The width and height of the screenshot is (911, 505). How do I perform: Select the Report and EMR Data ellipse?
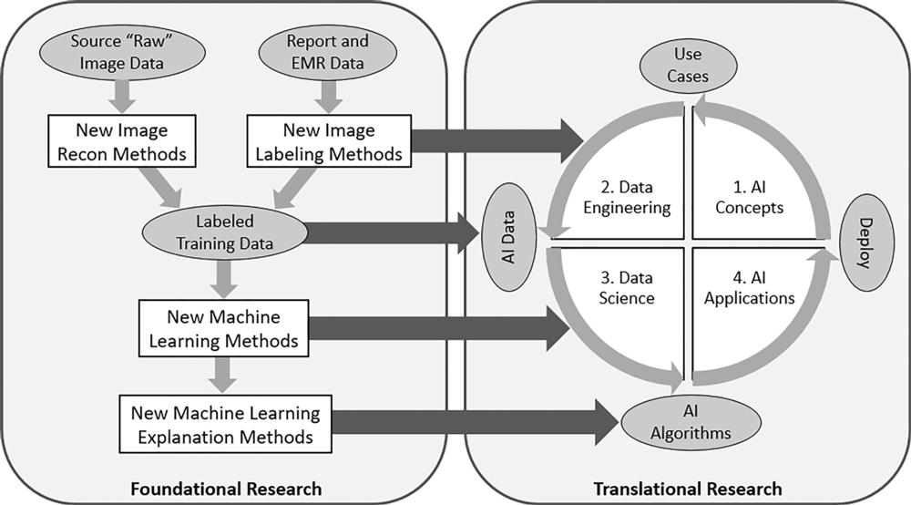coord(327,52)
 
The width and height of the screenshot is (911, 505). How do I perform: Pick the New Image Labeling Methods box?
coord(328,142)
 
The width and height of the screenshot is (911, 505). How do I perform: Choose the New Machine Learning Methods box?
coord(223,329)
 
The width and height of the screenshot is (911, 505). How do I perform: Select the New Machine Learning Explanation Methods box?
coord(225,425)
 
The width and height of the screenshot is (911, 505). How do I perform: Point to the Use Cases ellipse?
coord(687,66)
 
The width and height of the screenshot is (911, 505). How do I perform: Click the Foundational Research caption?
coord(225,489)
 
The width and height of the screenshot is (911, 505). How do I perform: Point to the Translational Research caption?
coord(687,489)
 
